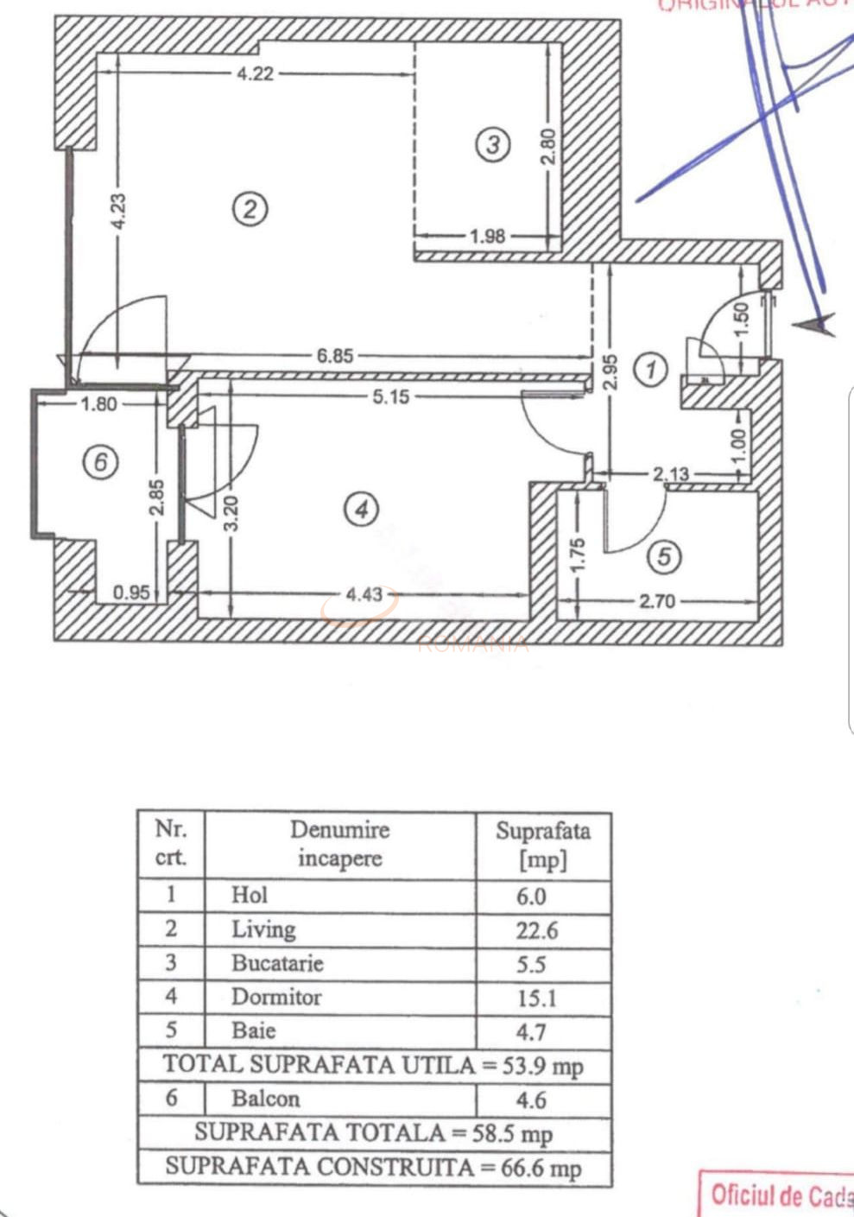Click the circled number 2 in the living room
click(x=250, y=209)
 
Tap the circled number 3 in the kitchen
click(x=492, y=144)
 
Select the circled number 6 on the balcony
click(x=100, y=463)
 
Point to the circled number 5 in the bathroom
click(x=664, y=557)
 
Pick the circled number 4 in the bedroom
click(x=361, y=509)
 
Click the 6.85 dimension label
click(x=334, y=356)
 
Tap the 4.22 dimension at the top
click(x=255, y=73)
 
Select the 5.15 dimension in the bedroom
click(x=390, y=397)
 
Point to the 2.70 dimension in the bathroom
click(x=657, y=600)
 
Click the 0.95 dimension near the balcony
click(x=131, y=593)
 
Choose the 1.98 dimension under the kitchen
click(x=487, y=236)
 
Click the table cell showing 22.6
click(x=537, y=930)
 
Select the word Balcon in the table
click(x=265, y=1099)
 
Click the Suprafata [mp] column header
click(x=543, y=845)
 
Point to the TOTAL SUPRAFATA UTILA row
click(x=373, y=1065)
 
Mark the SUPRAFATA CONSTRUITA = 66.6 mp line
click(x=373, y=1168)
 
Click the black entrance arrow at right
click(x=815, y=325)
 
